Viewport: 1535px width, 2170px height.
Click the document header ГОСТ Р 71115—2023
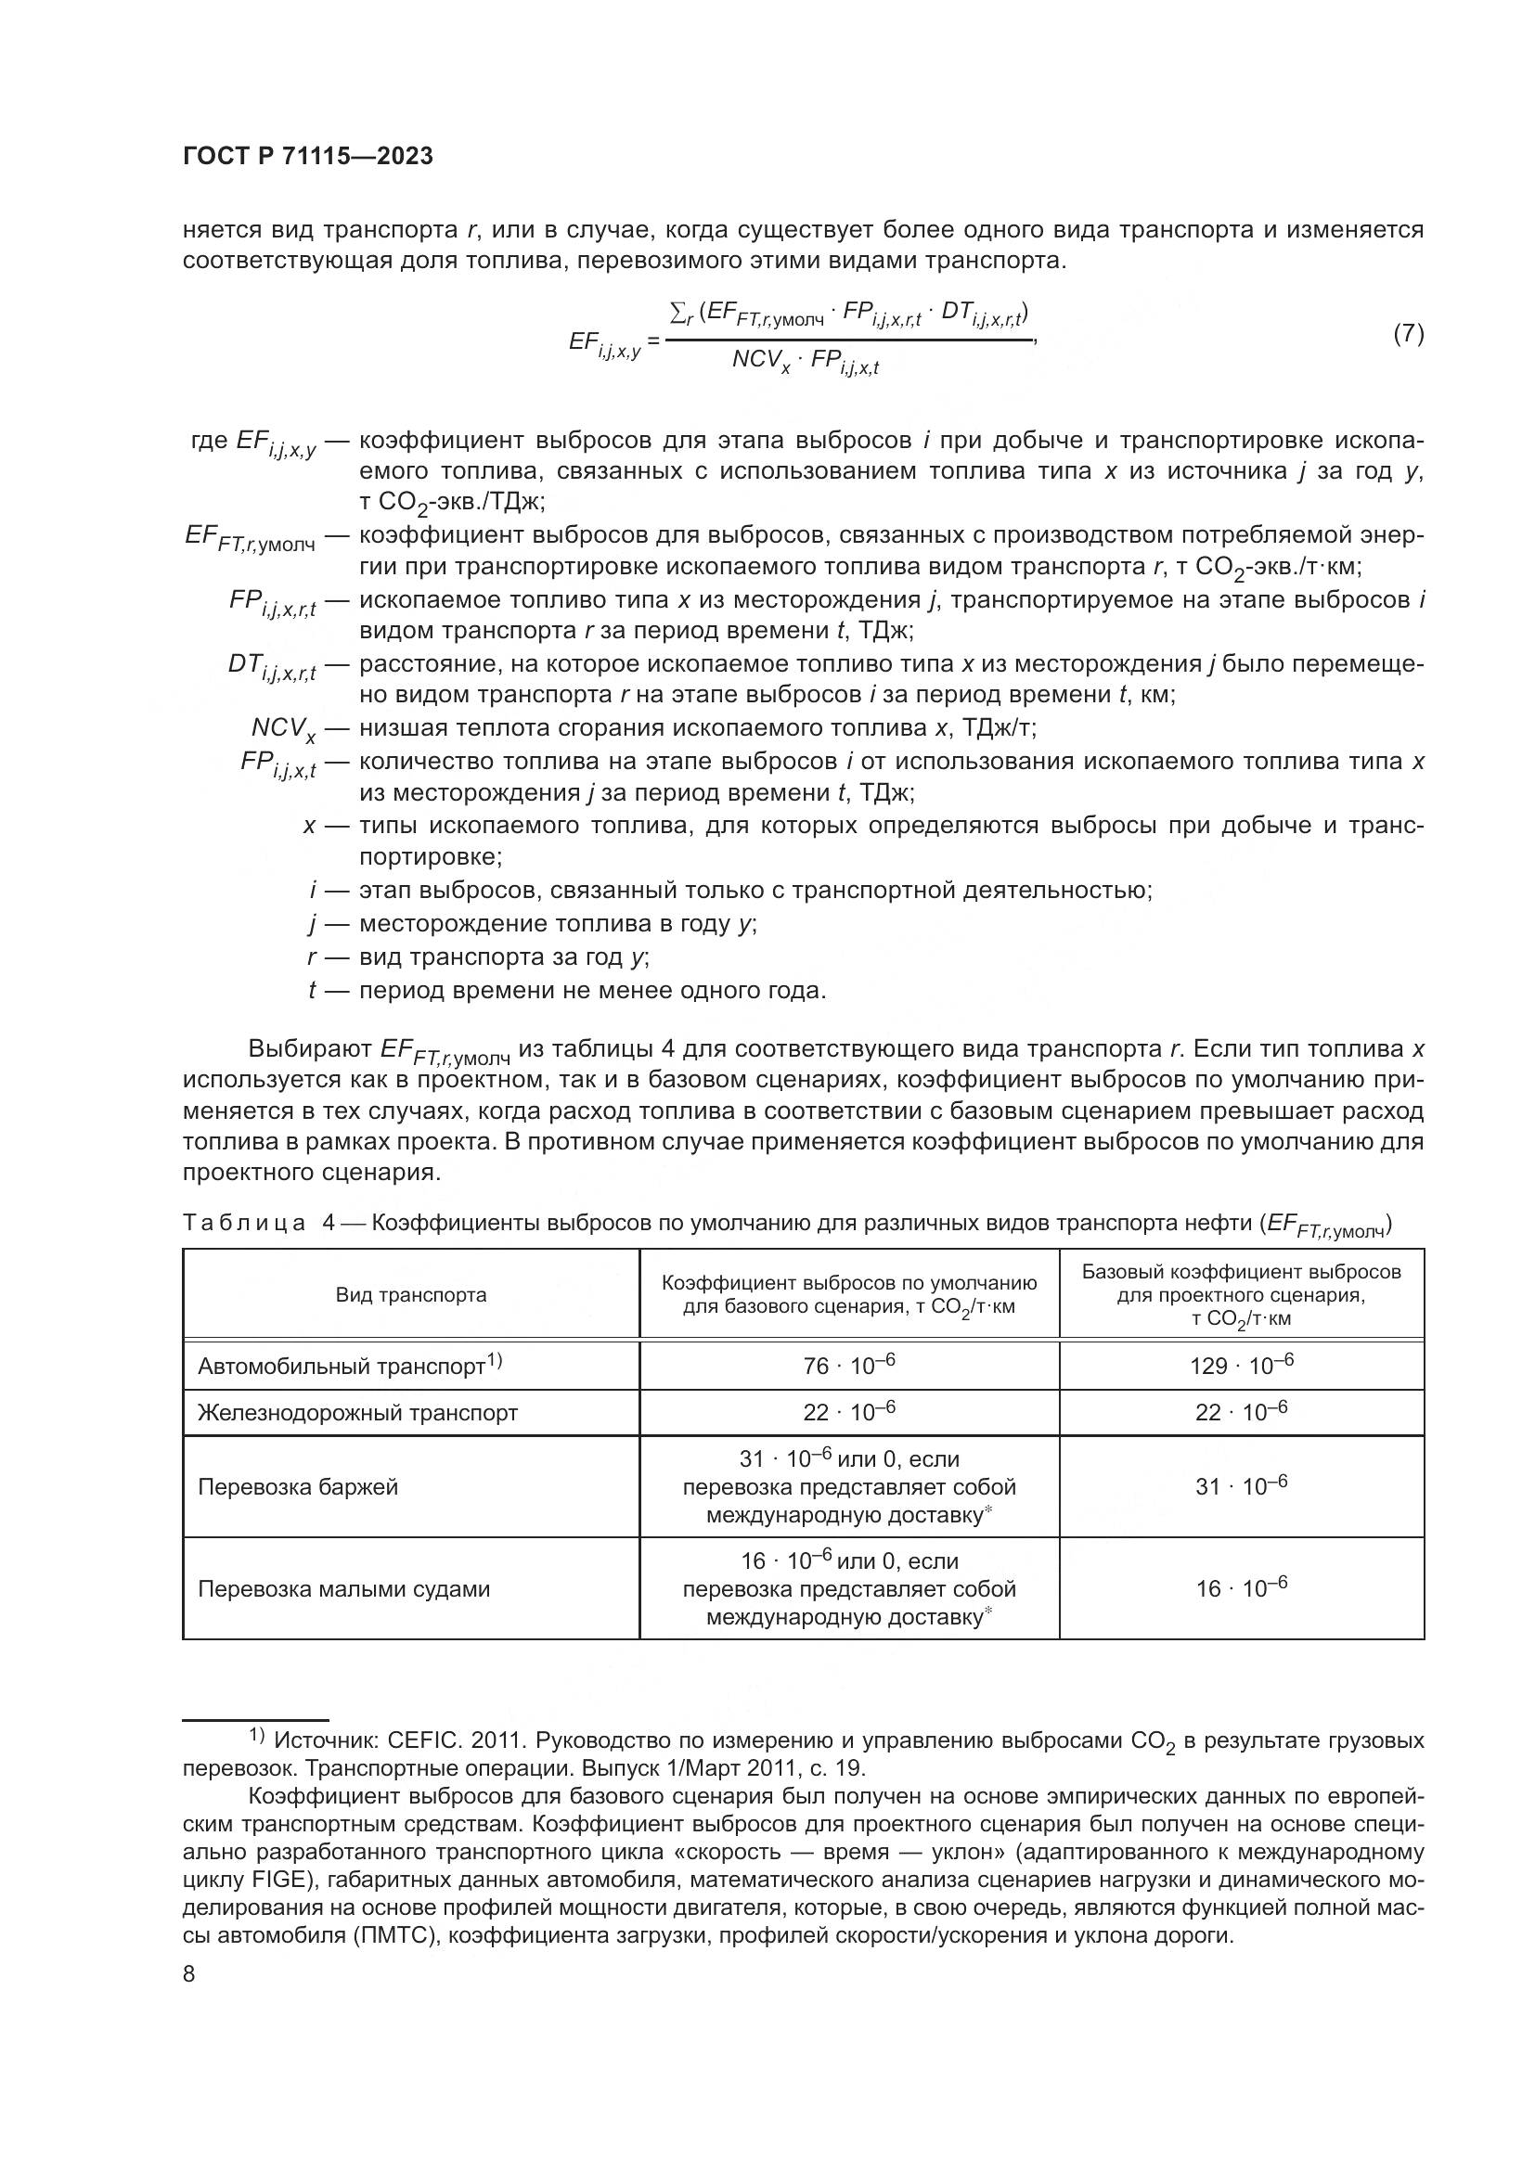pyautogui.click(x=307, y=157)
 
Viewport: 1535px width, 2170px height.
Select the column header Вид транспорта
pyautogui.click(x=411, y=1295)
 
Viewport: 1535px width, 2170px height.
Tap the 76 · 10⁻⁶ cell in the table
pyautogui.click(x=848, y=1366)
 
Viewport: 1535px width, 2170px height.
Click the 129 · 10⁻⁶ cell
pyautogui.click(x=1240, y=1366)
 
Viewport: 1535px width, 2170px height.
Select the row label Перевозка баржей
pyautogui.click(x=298, y=1486)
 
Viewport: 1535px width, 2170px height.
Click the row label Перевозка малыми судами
pyautogui.click(x=343, y=1588)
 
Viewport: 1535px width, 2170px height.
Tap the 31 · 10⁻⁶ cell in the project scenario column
pyautogui.click(x=1240, y=1486)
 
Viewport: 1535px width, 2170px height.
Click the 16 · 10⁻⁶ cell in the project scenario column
pyautogui.click(x=1240, y=1588)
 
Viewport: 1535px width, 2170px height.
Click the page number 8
pyautogui.click(x=189, y=1974)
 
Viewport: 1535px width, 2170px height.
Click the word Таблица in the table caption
pyautogui.click(x=243, y=1223)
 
